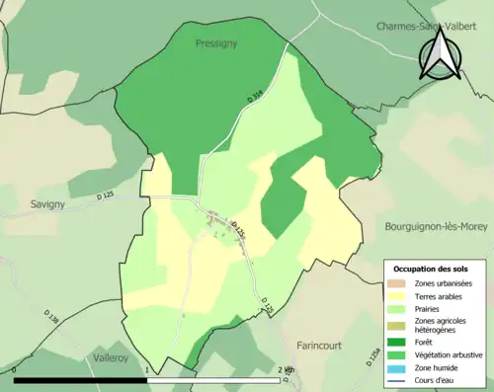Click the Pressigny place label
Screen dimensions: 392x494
tap(215, 43)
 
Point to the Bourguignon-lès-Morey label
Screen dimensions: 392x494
tap(435, 226)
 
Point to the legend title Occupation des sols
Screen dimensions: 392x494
tap(432, 269)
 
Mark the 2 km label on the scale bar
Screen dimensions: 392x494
tap(286, 369)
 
